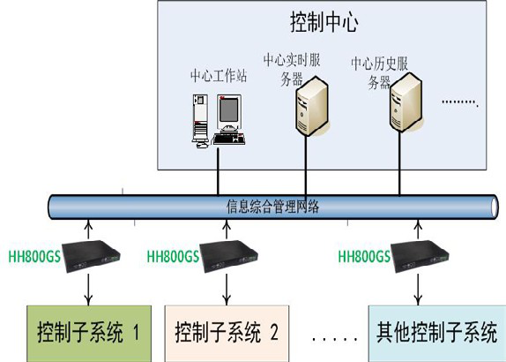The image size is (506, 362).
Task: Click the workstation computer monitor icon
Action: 227,111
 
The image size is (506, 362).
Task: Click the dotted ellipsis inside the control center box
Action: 458,103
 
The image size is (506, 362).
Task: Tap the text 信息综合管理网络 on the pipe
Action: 273,207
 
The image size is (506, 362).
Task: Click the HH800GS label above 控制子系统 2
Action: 174,256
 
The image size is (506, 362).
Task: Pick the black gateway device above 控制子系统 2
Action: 227,252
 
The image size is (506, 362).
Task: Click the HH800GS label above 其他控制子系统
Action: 364,257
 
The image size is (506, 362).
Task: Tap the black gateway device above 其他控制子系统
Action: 417,252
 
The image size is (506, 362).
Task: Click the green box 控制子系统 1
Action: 87,333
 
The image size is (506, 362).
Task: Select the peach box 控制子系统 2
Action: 227,333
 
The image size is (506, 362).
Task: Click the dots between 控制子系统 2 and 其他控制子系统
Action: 329,337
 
